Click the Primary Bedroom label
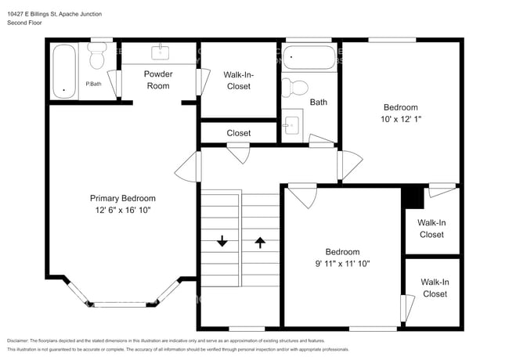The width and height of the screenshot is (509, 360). [x=122, y=198]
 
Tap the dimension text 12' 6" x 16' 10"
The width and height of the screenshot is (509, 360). [x=122, y=210]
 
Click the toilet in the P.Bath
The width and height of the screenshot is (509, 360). [x=97, y=56]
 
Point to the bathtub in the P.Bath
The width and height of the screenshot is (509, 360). [x=64, y=71]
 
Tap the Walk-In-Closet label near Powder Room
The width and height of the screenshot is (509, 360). [x=239, y=80]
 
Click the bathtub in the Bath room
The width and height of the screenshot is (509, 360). [x=309, y=58]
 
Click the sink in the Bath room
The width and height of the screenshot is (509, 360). [x=292, y=125]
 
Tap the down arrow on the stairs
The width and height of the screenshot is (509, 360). [x=222, y=242]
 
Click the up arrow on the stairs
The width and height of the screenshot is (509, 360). [x=259, y=242]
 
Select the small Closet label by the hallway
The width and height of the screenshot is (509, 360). [x=239, y=133]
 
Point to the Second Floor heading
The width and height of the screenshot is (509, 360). [x=25, y=23]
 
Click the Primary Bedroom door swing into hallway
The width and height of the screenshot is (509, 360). [x=188, y=166]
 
